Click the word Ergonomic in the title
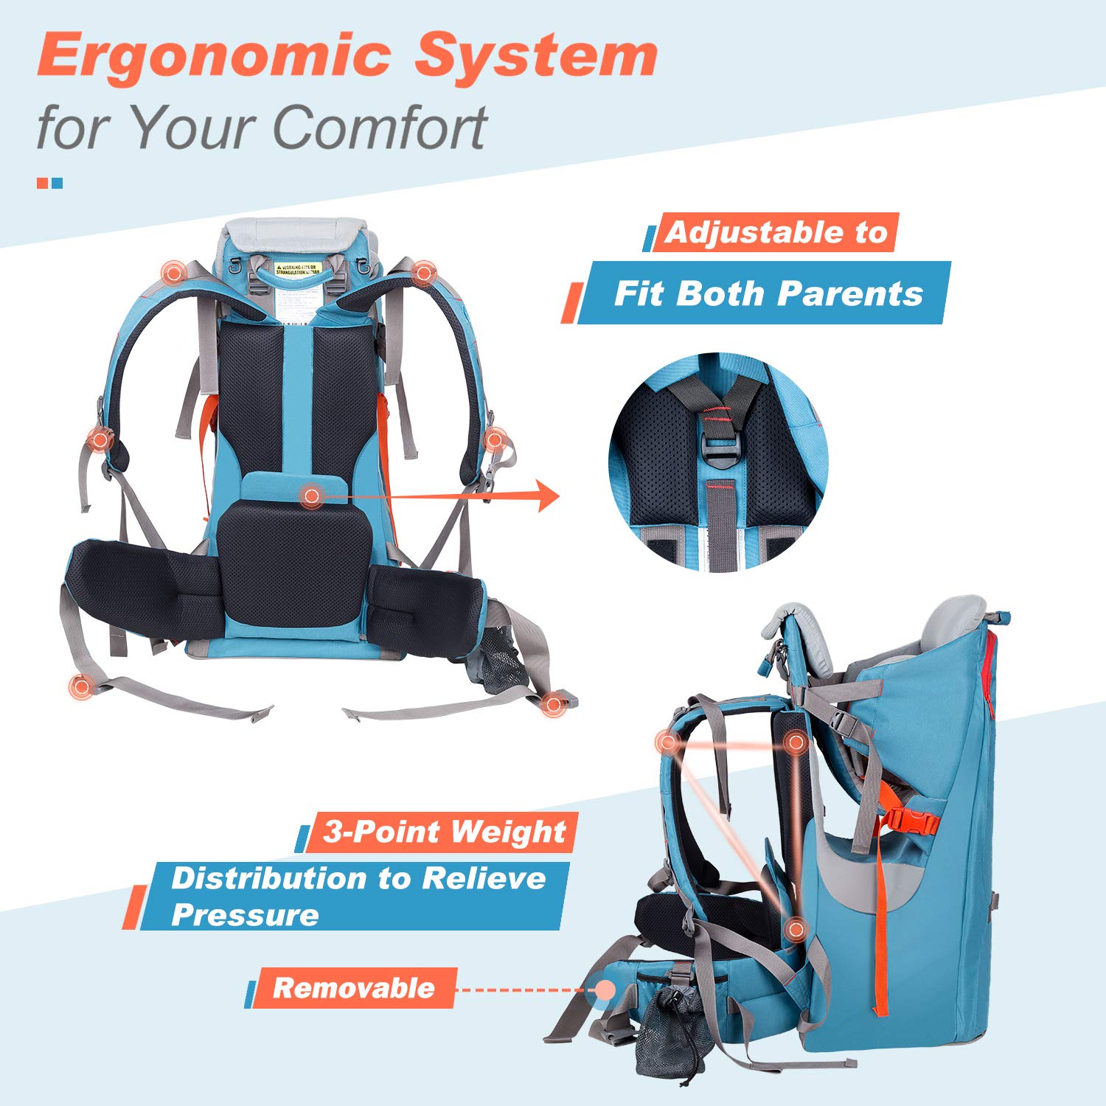click(214, 56)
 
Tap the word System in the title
click(536, 56)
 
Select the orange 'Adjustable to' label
click(776, 232)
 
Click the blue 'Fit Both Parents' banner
click(767, 293)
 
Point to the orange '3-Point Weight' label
click(443, 832)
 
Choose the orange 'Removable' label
click(353, 988)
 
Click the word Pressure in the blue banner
click(245, 915)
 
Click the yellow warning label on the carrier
click(296, 269)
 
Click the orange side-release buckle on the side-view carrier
click(912, 821)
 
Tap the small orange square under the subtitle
click(42, 183)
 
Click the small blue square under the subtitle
click(57, 183)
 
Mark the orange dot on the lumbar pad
click(311, 496)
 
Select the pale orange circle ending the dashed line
click(605, 990)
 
